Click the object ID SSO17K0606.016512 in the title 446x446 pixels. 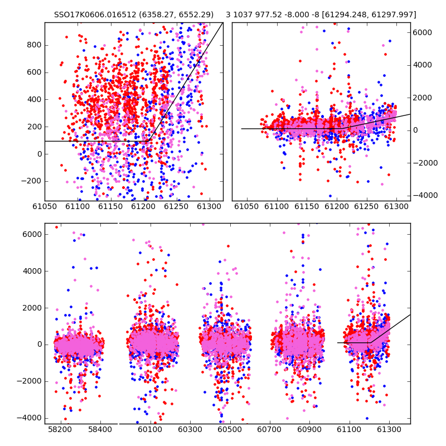(x=95, y=14)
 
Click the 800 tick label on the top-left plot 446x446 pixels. (x=34, y=45)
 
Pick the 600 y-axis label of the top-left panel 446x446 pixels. (x=34, y=72)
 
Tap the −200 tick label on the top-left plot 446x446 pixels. (x=31, y=181)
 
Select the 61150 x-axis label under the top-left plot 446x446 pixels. (x=110, y=206)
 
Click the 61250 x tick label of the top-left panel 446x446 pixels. (x=176, y=206)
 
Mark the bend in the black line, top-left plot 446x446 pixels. (x=148, y=141)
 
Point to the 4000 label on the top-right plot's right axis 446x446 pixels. (x=423, y=65)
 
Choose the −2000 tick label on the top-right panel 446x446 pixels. (x=425, y=163)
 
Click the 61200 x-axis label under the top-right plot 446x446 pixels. (x=337, y=206)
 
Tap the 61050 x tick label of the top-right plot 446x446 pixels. (x=246, y=206)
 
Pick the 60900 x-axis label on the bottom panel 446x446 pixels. (x=309, y=429)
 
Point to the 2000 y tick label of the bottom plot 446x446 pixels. (x=32, y=308)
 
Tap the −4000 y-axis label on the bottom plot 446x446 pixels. (x=29, y=418)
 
